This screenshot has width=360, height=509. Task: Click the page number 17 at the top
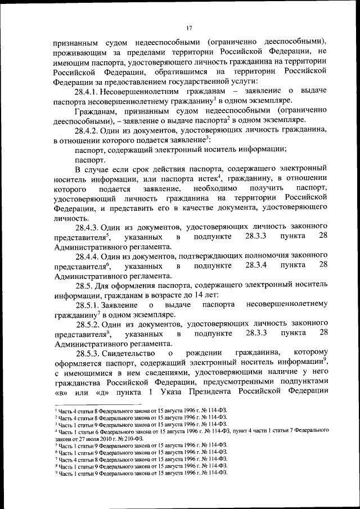point(190,27)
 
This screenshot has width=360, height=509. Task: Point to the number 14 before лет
point(204,295)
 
